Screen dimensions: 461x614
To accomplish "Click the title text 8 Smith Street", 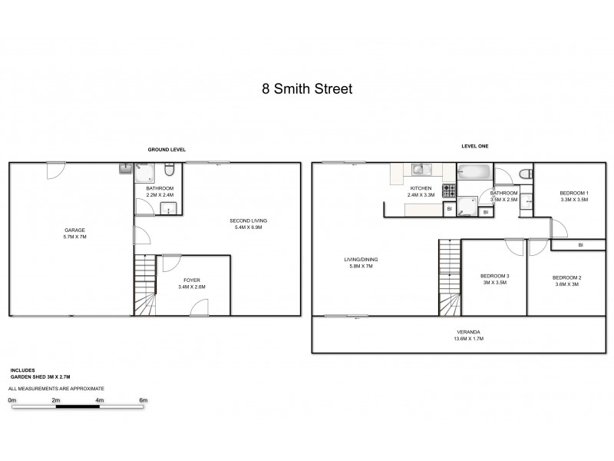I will [x=306, y=89].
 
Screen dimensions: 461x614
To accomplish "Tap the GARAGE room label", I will [x=74, y=230].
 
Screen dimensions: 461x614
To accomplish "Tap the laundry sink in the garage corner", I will [x=127, y=168].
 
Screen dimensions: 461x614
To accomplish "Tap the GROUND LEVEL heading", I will [x=167, y=149].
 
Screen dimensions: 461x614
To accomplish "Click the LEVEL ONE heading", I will [x=474, y=146].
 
